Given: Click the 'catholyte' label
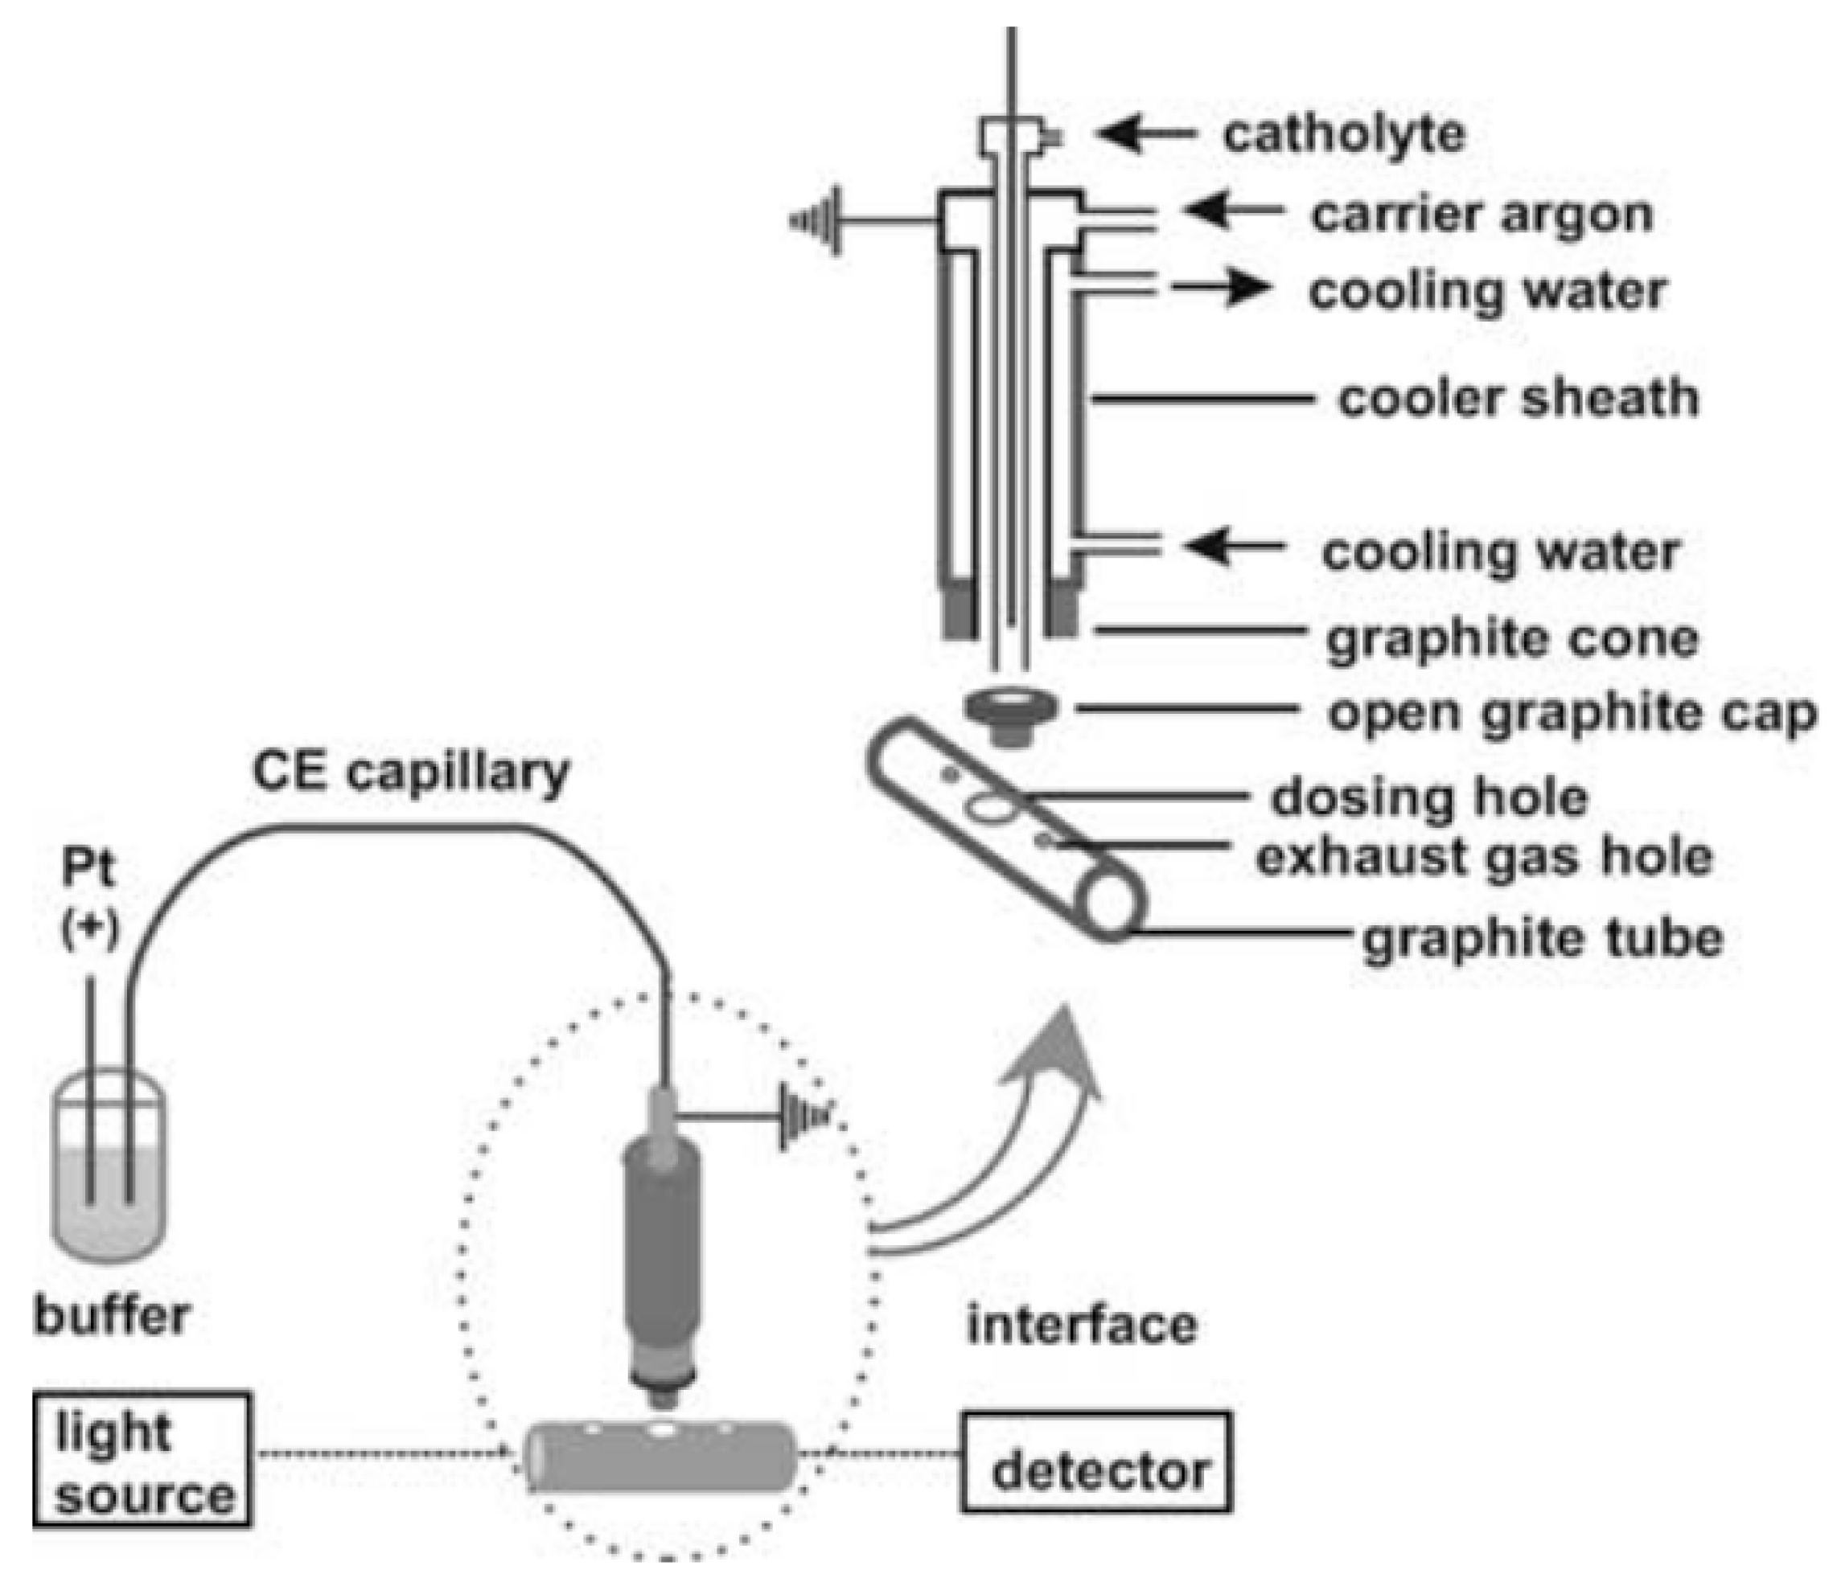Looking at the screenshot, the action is pyautogui.click(x=1344, y=136).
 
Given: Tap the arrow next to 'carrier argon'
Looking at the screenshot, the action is pyautogui.click(x=1233, y=210).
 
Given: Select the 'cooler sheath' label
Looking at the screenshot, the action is pyautogui.click(x=1518, y=399).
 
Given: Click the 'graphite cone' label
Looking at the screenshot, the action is pyautogui.click(x=1511, y=639).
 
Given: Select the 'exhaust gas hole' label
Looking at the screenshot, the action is pyautogui.click(x=1484, y=858).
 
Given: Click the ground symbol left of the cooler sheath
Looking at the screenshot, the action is pyautogui.click(x=816, y=221).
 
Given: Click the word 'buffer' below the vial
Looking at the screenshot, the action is pyautogui.click(x=112, y=1315).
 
